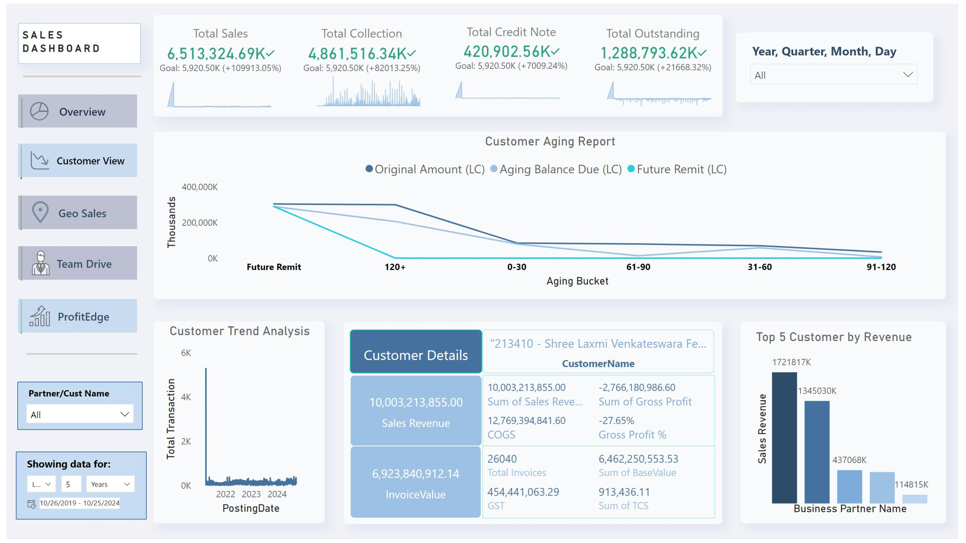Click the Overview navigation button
pos(78,111)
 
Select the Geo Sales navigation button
pos(78,212)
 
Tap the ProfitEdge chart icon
pos(40,316)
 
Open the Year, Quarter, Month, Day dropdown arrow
pos(907,75)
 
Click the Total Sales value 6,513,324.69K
pos(216,54)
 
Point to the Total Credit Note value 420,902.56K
pos(507,52)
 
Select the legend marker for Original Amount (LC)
pos(369,169)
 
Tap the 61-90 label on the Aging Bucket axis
pos(638,267)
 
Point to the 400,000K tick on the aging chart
pos(200,187)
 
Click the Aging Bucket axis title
pos(577,281)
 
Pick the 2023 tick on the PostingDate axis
pos(251,494)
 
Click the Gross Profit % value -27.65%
pos(616,420)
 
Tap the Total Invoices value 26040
pos(502,459)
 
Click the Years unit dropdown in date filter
pos(110,484)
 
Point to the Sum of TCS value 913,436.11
pos(624,492)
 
